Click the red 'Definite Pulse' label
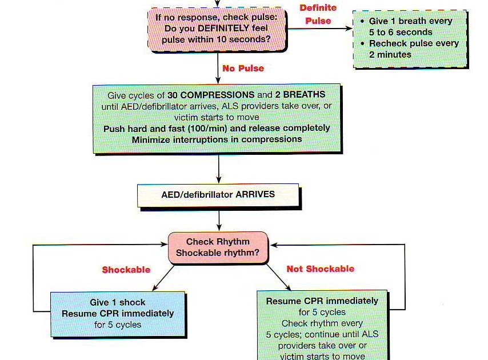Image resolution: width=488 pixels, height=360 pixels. pyautogui.click(x=318, y=15)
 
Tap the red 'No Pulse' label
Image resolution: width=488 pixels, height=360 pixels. pyautogui.click(x=243, y=69)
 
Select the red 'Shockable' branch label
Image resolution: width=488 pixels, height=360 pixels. pyautogui.click(x=126, y=270)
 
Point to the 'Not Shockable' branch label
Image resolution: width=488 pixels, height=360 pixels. pyautogui.click(x=320, y=269)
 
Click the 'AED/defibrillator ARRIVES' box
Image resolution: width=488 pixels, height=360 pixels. pyautogui.click(x=218, y=195)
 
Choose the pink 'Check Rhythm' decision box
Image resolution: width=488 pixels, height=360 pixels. pyautogui.click(x=218, y=247)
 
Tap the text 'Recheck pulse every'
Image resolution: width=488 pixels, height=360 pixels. pyautogui.click(x=414, y=43)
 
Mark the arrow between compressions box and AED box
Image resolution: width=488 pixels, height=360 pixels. pyautogui.click(x=218, y=169)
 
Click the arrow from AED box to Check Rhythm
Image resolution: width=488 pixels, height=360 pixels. pyautogui.click(x=218, y=219)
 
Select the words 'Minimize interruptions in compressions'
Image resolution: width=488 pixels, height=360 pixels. pyautogui.click(x=217, y=139)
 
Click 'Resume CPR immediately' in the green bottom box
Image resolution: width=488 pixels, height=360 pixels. pyautogui.click(x=322, y=301)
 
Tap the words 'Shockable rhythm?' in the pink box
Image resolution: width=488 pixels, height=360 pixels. pyautogui.click(x=218, y=253)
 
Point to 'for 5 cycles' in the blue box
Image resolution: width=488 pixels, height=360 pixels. pyautogui.click(x=118, y=325)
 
